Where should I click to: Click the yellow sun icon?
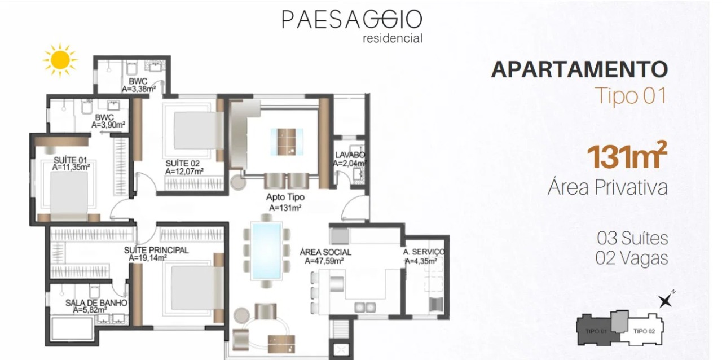(59, 59)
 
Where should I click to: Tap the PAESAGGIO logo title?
(352, 20)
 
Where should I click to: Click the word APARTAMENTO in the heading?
(579, 69)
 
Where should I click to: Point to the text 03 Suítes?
(632, 238)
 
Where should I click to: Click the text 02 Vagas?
(632, 258)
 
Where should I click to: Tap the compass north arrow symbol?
(666, 300)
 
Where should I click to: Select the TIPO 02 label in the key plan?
(644, 331)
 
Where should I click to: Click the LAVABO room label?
(350, 155)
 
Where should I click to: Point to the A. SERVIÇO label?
(424, 252)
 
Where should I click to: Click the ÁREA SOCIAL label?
(325, 252)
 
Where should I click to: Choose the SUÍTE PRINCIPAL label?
(156, 250)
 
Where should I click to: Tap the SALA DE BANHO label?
(96, 303)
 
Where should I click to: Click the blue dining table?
(266, 250)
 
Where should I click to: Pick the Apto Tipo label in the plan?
(285, 197)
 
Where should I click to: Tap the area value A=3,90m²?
(109, 125)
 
